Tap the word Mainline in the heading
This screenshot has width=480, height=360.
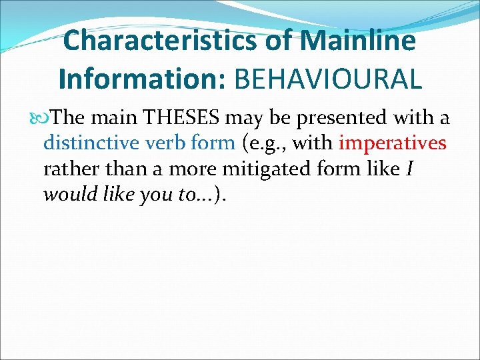click(x=358, y=41)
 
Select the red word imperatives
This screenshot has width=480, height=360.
click(x=393, y=143)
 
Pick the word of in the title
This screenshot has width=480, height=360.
click(x=279, y=41)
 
